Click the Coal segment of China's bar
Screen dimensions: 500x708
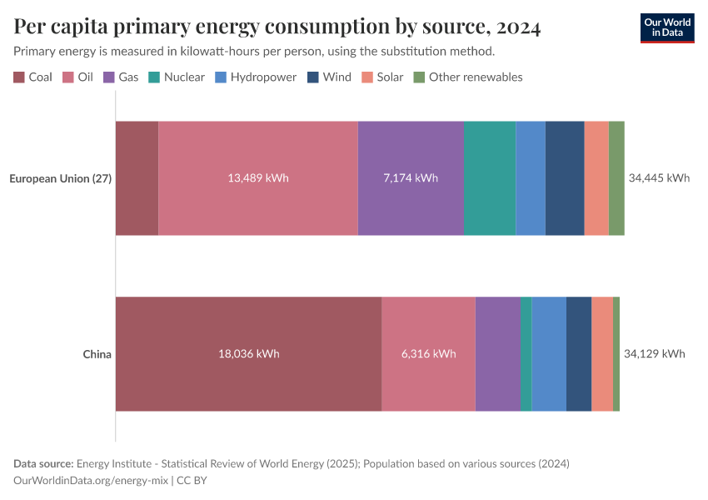click(248, 354)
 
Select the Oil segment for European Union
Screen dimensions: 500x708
click(258, 178)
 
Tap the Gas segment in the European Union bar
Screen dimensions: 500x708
click(411, 178)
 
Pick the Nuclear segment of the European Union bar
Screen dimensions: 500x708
click(490, 178)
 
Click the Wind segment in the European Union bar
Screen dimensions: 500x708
click(565, 178)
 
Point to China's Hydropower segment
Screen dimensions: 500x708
click(549, 354)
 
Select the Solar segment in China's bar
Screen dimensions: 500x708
click(602, 354)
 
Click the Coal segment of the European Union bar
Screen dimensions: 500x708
click(137, 178)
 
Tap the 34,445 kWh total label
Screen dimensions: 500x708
click(659, 178)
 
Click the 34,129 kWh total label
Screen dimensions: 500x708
click(654, 354)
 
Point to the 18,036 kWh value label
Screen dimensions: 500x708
click(248, 354)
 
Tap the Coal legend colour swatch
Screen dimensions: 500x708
click(19, 77)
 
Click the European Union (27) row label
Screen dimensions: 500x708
click(60, 178)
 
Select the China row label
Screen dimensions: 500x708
click(97, 354)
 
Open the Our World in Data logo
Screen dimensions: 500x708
click(667, 27)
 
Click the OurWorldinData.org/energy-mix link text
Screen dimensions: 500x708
click(91, 481)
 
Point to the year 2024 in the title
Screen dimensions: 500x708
click(518, 27)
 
